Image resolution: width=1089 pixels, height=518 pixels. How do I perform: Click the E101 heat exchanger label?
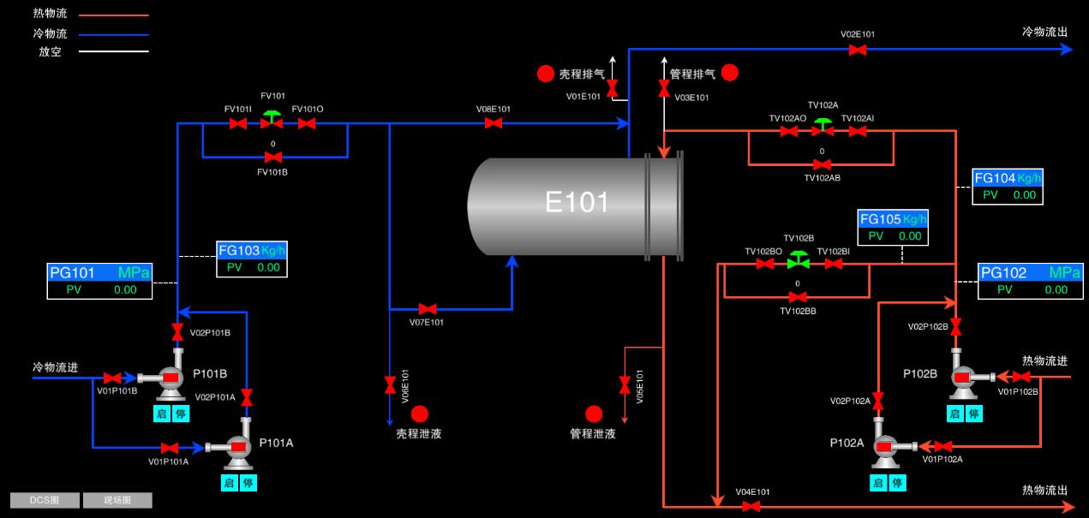point(577,202)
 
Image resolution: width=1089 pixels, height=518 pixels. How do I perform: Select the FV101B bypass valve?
point(273,158)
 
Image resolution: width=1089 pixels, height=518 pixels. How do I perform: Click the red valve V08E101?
point(494,123)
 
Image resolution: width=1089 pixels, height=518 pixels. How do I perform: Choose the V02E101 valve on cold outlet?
point(857,50)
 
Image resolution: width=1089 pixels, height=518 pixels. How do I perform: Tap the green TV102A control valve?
point(823,127)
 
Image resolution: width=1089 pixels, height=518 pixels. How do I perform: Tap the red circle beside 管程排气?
point(730,73)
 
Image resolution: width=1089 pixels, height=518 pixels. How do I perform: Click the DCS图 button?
point(45,500)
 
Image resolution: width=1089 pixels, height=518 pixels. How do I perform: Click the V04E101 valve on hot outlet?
point(751,507)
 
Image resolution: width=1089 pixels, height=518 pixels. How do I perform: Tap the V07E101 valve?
point(427,308)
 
